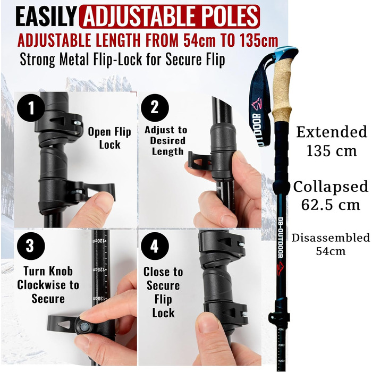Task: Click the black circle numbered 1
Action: (31, 108)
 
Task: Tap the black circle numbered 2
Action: (155, 108)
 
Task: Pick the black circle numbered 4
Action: (155, 246)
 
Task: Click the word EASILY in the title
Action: (46, 17)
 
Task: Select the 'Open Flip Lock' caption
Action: (109, 138)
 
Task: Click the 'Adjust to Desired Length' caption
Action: (166, 140)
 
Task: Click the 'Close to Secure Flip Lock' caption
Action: (163, 292)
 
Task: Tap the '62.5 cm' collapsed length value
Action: (331, 205)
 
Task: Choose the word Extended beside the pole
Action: (332, 132)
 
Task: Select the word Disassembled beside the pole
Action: (331, 238)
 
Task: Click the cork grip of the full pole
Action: (282, 91)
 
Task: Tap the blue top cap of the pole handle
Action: (286, 53)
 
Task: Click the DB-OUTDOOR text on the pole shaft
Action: (281, 237)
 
